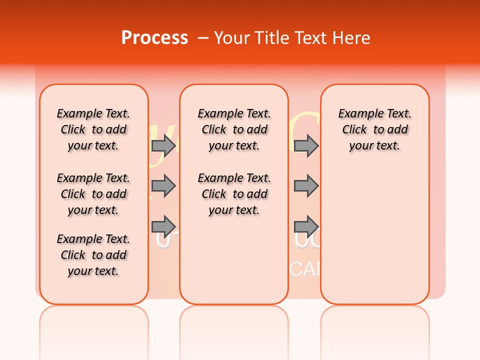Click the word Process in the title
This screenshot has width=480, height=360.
click(x=154, y=38)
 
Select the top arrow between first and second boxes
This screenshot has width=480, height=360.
click(x=163, y=145)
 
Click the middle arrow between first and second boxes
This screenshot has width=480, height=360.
click(x=163, y=186)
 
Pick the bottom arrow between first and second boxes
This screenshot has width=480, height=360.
click(x=163, y=224)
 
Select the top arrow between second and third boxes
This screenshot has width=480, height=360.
click(x=306, y=145)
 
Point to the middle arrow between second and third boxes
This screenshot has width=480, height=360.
click(x=306, y=186)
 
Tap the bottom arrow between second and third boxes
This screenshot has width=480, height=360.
click(x=306, y=224)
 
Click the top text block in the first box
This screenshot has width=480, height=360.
click(x=93, y=129)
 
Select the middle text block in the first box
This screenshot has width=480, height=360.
click(x=93, y=194)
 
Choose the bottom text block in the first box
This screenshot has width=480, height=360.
click(x=93, y=255)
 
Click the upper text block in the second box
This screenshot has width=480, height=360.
click(x=234, y=129)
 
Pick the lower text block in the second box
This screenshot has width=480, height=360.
click(x=234, y=194)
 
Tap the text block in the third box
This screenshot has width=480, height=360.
click(x=375, y=129)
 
